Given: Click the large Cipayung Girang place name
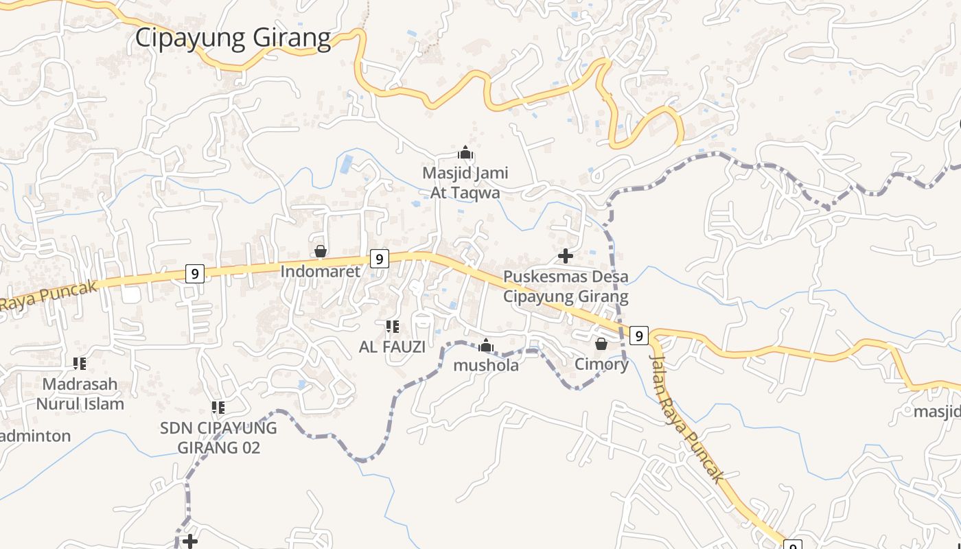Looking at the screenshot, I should pyautogui.click(x=233, y=38).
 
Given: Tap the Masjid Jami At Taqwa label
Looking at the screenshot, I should pyautogui.click(x=465, y=183).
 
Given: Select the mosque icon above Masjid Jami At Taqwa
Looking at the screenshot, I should pyautogui.click(x=466, y=152).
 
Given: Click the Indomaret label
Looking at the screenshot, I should pyautogui.click(x=320, y=272).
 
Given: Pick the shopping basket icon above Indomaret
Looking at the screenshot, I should pyautogui.click(x=321, y=252).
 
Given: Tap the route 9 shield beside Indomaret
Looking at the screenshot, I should pyautogui.click(x=379, y=259).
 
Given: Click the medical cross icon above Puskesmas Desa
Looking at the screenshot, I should pyautogui.click(x=566, y=256).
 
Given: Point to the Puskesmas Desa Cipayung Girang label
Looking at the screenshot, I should pyautogui.click(x=566, y=287).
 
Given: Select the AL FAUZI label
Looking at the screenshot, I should pyautogui.click(x=392, y=347).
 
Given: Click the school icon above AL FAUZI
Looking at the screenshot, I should pyautogui.click(x=393, y=327).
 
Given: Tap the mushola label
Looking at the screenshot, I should pyautogui.click(x=486, y=366).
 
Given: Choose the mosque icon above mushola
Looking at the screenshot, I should pyautogui.click(x=486, y=345).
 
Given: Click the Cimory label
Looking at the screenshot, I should pyautogui.click(x=601, y=364).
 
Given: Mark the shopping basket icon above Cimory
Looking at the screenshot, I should pyautogui.click(x=601, y=344).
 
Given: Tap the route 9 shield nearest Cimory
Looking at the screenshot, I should pyautogui.click(x=638, y=336).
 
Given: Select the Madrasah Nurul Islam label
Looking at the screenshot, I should pyautogui.click(x=80, y=394).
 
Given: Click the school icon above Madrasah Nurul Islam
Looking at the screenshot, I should pyautogui.click(x=80, y=363).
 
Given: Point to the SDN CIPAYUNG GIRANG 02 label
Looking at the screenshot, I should pyautogui.click(x=218, y=438).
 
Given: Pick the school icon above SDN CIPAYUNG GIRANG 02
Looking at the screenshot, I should pyautogui.click(x=218, y=408).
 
